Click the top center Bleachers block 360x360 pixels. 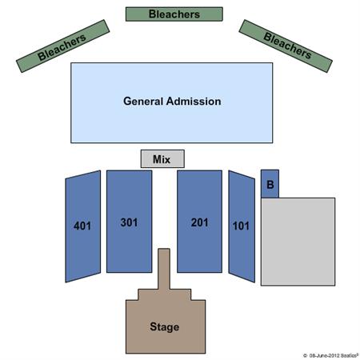(x=174, y=14)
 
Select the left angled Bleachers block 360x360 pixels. (x=62, y=46)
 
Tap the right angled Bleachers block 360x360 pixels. (x=286, y=46)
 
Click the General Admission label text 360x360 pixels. (x=172, y=102)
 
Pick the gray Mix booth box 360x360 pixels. (x=162, y=158)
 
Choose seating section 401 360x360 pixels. (x=83, y=226)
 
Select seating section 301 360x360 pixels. (x=130, y=222)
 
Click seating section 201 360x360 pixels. (x=199, y=222)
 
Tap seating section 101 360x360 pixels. (x=242, y=226)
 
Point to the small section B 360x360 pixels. (x=270, y=184)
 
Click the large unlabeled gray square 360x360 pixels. (x=298, y=242)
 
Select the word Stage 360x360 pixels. (x=165, y=327)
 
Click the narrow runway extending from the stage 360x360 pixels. (x=164, y=269)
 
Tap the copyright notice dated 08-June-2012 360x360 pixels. (x=330, y=355)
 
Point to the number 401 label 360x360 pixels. (x=82, y=226)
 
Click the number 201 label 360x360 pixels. (x=199, y=222)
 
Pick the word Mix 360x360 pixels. (x=162, y=159)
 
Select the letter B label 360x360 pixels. (x=270, y=185)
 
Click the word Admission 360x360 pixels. (x=194, y=102)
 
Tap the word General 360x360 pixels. (x=143, y=102)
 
